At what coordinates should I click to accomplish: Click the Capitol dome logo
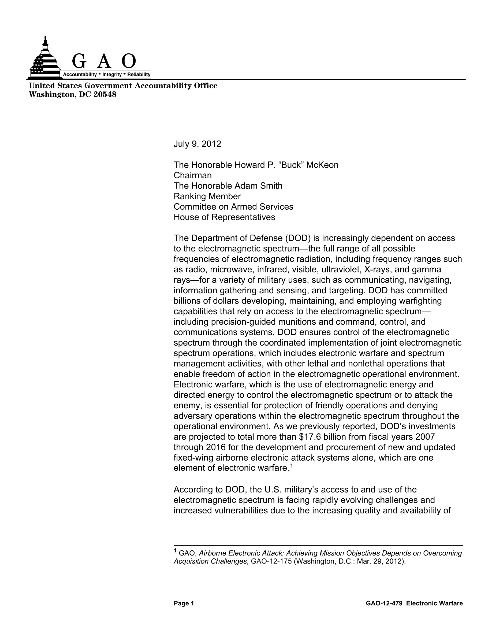[44, 60]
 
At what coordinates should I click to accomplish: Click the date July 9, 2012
[197, 144]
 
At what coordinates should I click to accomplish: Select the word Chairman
[193, 176]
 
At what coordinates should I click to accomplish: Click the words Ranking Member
[207, 196]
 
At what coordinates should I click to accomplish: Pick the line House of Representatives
[224, 217]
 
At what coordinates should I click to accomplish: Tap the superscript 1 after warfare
[291, 466]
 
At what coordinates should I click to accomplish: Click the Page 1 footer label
[184, 603]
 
